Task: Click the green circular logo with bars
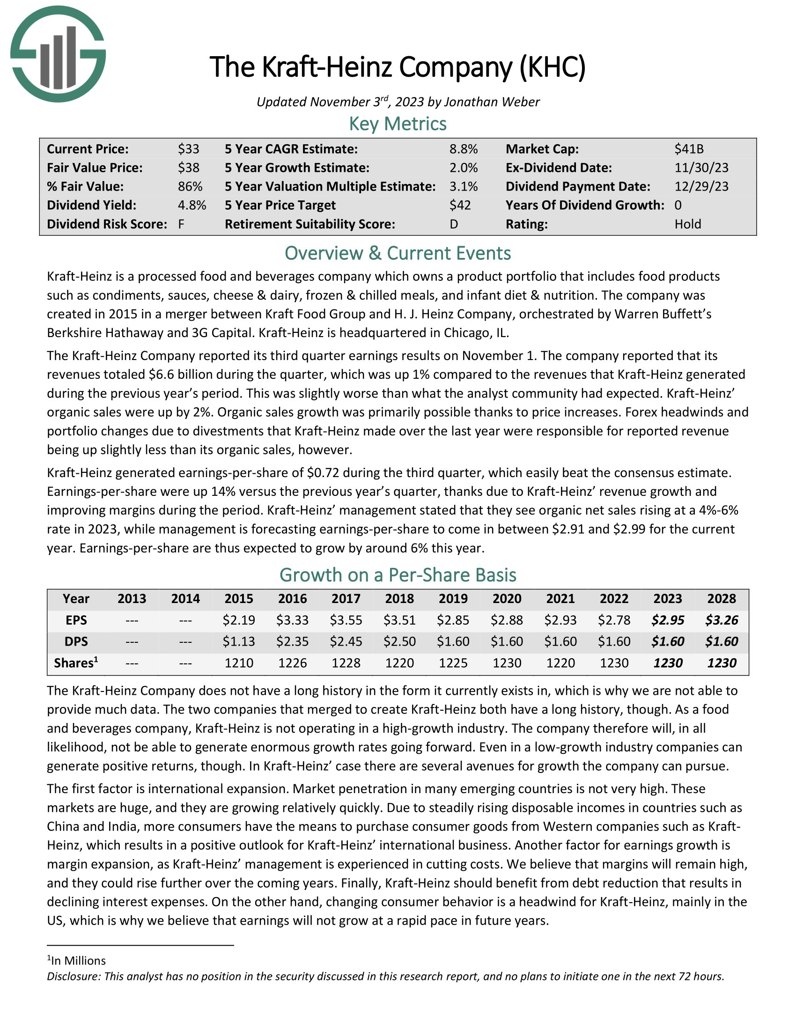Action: pos(58,54)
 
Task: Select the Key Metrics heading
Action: pos(398,124)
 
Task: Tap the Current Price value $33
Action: pos(189,149)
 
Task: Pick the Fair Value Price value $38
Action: pos(189,168)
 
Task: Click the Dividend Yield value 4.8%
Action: pos(192,205)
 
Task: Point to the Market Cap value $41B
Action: pos(689,149)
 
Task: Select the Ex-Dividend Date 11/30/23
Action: pos(701,168)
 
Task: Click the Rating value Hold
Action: pos(687,224)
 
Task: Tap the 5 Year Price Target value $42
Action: pos(460,205)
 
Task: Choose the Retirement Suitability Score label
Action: pos(310,224)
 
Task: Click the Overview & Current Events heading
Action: pos(398,253)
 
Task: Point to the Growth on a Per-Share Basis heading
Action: pos(398,575)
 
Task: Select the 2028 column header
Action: pos(722,598)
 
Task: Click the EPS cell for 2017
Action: pos(346,620)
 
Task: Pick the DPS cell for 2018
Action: pos(399,641)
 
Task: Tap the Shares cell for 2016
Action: pos(292,663)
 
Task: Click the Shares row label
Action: pos(76,662)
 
